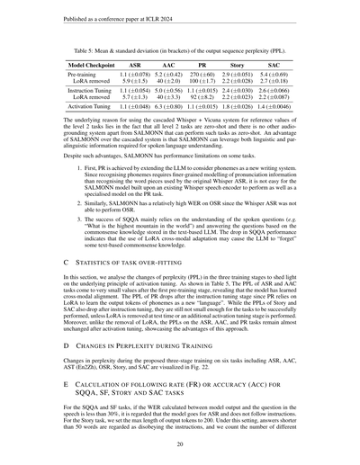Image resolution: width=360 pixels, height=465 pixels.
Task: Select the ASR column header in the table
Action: click(135, 67)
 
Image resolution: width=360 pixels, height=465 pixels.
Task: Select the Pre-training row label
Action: click(84, 76)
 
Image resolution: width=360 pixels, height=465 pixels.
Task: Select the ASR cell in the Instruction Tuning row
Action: click(135, 92)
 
